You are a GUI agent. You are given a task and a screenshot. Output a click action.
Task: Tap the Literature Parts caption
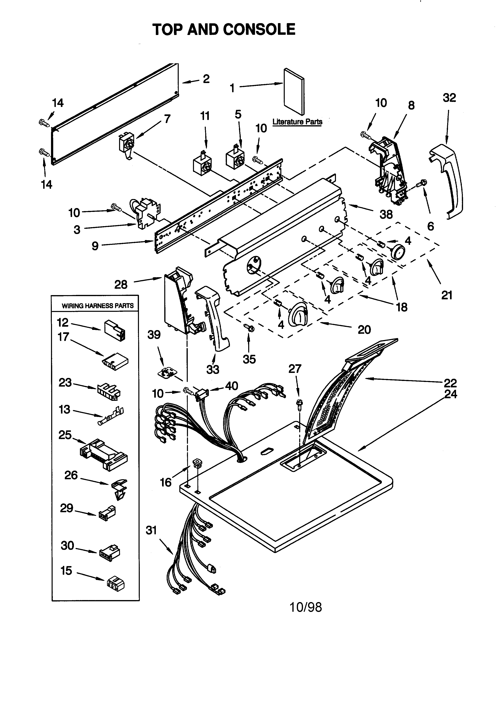point(297,122)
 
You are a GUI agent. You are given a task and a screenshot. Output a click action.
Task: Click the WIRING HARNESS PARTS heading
point(98,306)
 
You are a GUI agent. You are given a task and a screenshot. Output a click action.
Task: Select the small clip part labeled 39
point(166,373)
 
